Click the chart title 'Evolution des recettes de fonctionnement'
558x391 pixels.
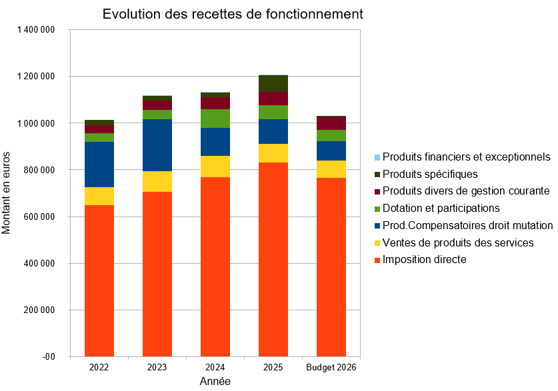pos(233,14)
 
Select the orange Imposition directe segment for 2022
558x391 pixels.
pos(99,281)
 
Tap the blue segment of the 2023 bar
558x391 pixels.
pos(157,145)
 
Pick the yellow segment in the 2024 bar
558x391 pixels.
pos(215,167)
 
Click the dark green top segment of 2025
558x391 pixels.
pos(273,83)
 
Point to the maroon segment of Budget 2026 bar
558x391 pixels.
pos(331,123)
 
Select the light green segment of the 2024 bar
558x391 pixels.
pos(215,119)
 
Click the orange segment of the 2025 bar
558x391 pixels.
pos(273,260)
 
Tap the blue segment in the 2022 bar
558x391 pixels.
pos(99,165)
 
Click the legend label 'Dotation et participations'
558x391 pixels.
pos(441,208)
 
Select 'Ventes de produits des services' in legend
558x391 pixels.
pos(458,242)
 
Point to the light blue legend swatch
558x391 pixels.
pos(377,157)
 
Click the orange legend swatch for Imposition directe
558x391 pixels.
pos(377,260)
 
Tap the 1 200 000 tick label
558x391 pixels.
pos(36,77)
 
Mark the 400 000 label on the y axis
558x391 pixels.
pos(39,263)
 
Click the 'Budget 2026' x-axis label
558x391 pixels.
pos(331,367)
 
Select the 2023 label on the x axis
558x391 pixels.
pos(157,367)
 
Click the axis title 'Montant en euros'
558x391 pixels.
pos(6,193)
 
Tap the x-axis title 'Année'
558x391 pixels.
pos(215,382)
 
